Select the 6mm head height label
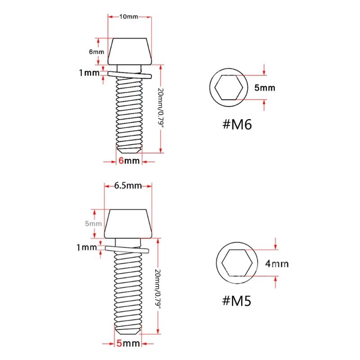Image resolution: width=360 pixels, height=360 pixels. [x=96, y=52]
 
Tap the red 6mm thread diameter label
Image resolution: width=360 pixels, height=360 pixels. [x=129, y=161]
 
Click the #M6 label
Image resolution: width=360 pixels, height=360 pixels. [x=236, y=123]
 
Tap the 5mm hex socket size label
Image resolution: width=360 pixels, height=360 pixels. [x=265, y=88]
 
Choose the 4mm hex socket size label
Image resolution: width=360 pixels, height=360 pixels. [x=276, y=264]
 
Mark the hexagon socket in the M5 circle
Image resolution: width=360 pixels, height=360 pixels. [x=237, y=264]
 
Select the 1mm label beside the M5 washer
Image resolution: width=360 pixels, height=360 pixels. [x=87, y=247]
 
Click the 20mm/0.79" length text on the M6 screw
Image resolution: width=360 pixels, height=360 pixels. [x=161, y=108]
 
